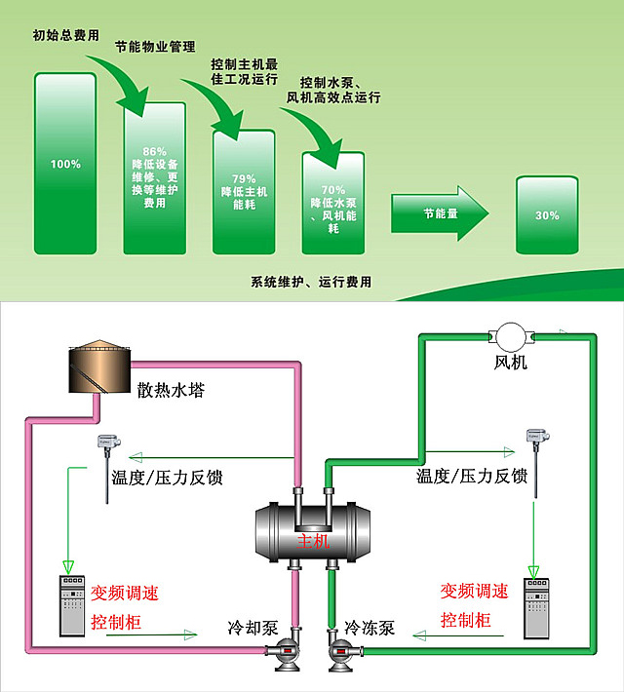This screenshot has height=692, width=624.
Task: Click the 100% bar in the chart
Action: click(x=65, y=164)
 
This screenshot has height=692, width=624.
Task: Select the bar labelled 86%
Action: click(x=154, y=178)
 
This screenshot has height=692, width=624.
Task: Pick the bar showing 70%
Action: click(x=332, y=203)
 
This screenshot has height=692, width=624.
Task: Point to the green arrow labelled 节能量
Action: click(x=438, y=213)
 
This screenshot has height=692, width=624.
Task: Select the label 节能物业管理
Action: click(x=155, y=46)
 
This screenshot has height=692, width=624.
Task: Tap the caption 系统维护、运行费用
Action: click(x=311, y=283)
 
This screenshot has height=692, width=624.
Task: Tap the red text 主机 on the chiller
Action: click(x=313, y=538)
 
